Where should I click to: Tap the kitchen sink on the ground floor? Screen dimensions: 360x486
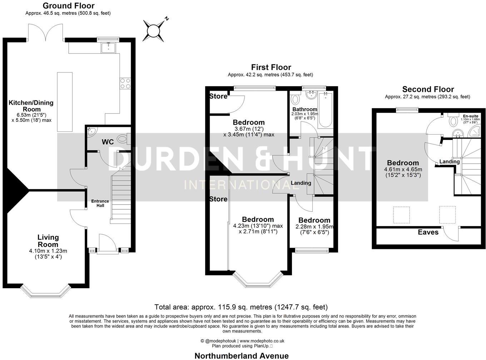point(108,47)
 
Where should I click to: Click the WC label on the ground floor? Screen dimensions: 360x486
point(108,142)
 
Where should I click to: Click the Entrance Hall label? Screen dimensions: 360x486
point(100,203)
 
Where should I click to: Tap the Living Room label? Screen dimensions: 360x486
point(48,241)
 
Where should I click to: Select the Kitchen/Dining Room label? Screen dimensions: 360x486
point(31,106)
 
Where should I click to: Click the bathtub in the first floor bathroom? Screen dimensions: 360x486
point(325,110)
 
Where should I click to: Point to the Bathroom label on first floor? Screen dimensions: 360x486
point(304,109)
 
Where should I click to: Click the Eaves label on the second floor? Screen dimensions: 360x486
point(428,232)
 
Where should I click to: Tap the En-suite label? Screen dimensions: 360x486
point(470,116)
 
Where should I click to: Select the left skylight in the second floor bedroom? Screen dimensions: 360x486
point(401,215)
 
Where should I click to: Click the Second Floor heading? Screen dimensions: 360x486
point(428,89)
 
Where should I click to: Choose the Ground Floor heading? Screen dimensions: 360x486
point(68,6)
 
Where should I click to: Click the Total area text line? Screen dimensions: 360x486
point(241,307)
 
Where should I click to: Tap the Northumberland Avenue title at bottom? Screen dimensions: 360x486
point(241,356)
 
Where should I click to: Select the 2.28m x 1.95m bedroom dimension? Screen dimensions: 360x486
point(314,227)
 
